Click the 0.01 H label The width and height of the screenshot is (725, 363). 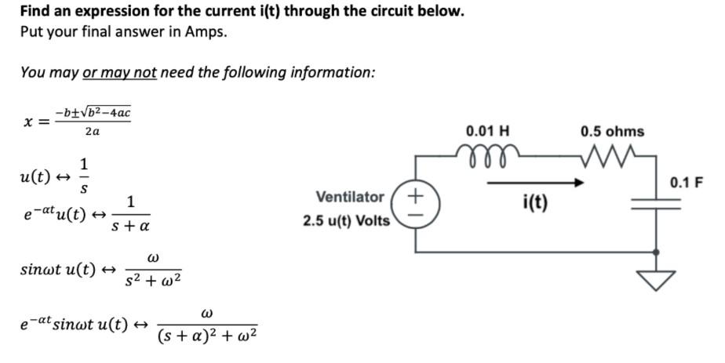(487, 132)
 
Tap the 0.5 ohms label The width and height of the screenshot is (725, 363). (612, 132)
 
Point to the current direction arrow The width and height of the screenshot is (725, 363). (534, 184)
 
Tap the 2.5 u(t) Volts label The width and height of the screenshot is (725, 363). (346, 220)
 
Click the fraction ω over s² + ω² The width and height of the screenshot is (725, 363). (154, 268)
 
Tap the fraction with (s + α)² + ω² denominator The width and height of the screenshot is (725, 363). (207, 326)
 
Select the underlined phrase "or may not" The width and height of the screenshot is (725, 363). (119, 72)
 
